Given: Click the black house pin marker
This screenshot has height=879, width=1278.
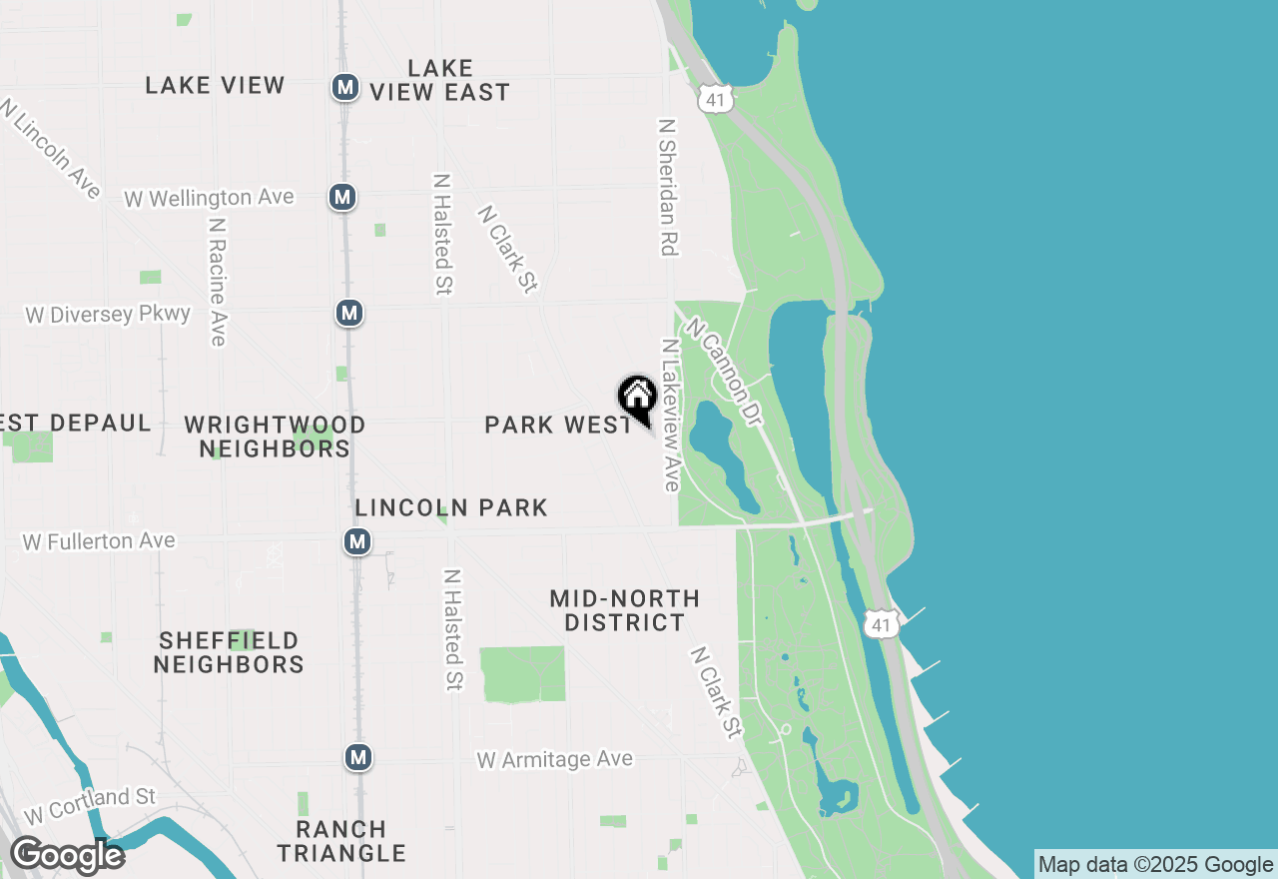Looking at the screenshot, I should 637,398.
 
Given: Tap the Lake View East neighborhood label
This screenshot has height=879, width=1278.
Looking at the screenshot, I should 440,81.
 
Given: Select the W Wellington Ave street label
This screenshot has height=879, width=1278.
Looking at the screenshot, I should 209,198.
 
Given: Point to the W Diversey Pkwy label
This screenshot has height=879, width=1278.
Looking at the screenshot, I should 108,315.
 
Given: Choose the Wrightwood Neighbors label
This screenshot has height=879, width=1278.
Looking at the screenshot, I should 275,437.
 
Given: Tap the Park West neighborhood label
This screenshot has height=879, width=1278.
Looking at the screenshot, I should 558,425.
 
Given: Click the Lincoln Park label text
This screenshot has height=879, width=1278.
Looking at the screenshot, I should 451,507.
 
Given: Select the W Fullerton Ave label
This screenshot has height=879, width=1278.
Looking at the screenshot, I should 99,541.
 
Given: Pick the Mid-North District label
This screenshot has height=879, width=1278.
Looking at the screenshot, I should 625,610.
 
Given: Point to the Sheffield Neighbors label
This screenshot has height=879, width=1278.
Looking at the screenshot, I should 229,652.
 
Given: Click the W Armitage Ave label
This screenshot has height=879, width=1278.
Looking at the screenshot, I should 554,760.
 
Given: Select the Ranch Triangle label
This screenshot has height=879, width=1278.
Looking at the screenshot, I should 341,841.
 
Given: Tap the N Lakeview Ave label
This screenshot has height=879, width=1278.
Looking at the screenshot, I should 670,416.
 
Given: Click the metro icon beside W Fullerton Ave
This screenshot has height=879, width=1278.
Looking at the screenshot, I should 356,541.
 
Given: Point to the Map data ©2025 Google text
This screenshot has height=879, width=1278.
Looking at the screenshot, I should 1155,865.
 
